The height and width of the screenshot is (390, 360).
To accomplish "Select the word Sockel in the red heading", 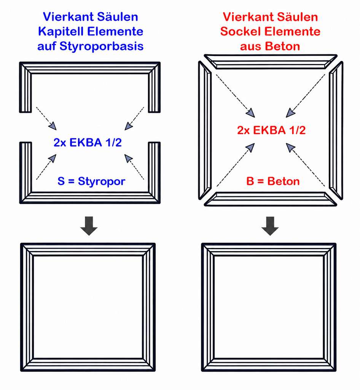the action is [x=241, y=32].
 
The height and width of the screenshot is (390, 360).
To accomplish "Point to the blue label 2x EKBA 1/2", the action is [x=88, y=142].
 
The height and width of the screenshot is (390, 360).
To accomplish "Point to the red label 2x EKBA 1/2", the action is [x=271, y=130].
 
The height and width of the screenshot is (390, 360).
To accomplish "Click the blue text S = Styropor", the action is [x=91, y=181].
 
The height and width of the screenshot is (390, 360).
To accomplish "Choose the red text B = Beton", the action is [x=273, y=181].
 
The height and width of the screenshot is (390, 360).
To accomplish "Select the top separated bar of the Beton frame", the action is [x=271, y=61].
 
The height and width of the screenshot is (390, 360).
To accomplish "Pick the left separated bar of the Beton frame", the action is [x=205, y=130].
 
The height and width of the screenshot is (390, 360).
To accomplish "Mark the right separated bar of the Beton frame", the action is [x=336, y=130].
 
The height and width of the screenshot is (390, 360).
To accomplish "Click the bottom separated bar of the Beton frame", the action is [x=271, y=199].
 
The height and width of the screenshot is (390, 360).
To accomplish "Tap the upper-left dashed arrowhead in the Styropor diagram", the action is [x=53, y=126].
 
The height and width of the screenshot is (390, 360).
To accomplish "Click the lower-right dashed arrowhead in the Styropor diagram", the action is [x=128, y=158].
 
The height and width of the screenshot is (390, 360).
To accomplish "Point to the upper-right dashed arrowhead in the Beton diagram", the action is [x=290, y=113].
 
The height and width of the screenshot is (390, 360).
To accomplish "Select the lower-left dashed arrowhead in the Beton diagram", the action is [x=250, y=147].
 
